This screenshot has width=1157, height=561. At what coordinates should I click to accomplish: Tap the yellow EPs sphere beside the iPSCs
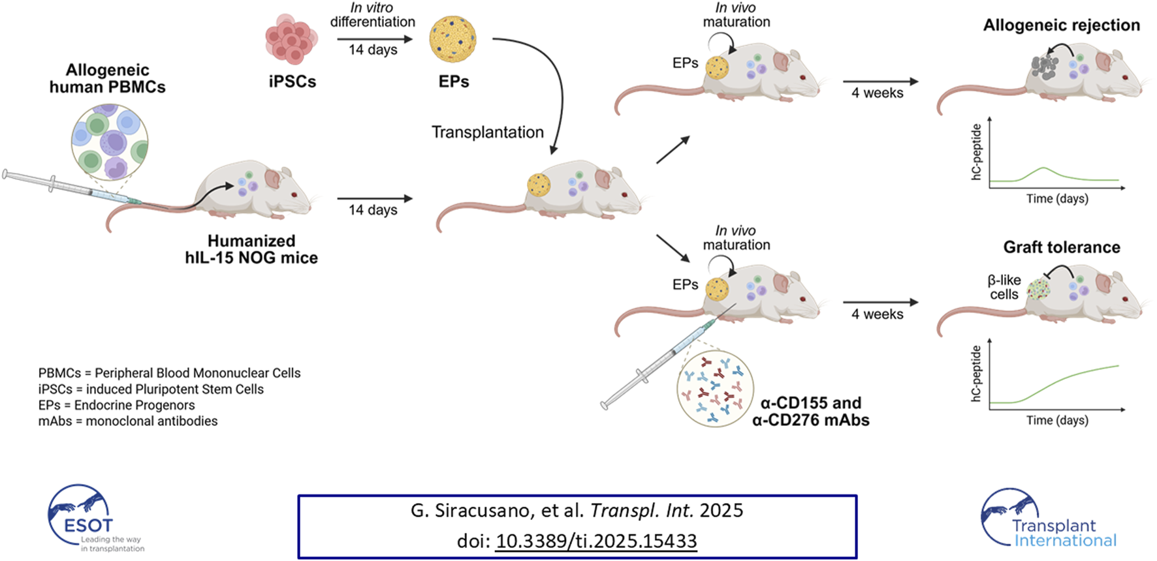(x=452, y=40)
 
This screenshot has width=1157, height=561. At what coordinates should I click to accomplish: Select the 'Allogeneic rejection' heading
(x=1061, y=25)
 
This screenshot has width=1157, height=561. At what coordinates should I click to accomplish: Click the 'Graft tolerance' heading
(x=1061, y=247)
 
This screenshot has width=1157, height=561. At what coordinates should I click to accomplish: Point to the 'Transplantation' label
(x=487, y=132)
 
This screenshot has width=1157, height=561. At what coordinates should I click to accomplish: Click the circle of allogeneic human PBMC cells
(x=109, y=142)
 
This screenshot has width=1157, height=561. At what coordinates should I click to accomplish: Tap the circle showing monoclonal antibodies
(x=715, y=388)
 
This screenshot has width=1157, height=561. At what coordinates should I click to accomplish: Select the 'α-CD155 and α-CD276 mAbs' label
(x=810, y=412)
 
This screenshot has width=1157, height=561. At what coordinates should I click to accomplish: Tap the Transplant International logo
(x=1049, y=519)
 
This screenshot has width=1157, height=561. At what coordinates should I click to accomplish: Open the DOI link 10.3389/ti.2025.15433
(x=595, y=541)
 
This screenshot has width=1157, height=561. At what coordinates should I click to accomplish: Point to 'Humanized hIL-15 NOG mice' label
(x=251, y=249)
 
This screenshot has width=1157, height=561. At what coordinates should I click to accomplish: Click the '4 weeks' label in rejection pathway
(x=877, y=93)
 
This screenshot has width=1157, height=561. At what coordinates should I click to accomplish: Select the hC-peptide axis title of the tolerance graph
(x=976, y=373)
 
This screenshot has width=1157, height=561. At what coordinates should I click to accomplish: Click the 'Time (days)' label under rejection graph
(x=1056, y=198)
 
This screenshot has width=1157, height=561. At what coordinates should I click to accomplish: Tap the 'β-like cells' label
(x=1004, y=287)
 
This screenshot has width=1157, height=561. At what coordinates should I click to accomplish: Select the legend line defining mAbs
(x=128, y=421)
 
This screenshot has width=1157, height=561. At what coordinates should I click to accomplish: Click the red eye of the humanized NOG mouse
(x=294, y=194)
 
